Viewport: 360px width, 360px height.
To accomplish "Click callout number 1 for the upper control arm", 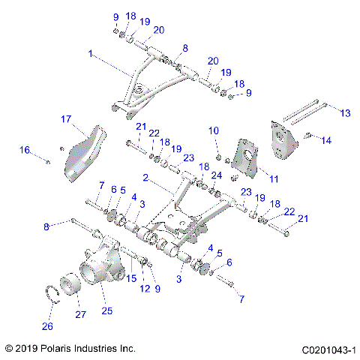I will [91, 55].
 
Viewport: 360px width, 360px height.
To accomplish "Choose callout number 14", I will [324, 139].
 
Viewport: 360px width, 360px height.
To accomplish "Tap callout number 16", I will [25, 151].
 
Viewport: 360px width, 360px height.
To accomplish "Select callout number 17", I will [66, 119].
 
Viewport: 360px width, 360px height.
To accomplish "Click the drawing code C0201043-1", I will [328, 349].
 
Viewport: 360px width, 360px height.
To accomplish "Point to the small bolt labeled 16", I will [47, 160].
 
